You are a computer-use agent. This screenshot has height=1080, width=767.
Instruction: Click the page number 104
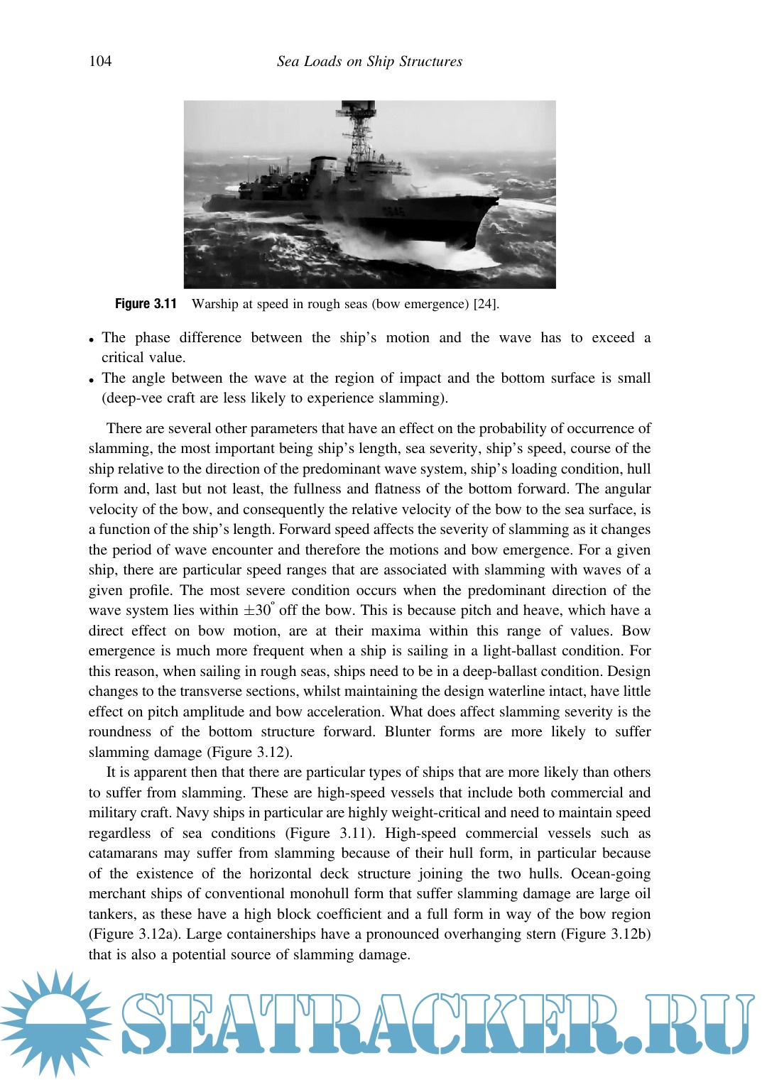click(100, 61)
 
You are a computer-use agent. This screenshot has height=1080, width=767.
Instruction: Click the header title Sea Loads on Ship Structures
click(369, 61)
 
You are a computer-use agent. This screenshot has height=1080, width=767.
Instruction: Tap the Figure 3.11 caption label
click(146, 304)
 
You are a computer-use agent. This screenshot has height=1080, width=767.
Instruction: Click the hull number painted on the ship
click(393, 211)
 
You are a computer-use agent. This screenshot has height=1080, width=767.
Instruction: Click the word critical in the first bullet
click(122, 358)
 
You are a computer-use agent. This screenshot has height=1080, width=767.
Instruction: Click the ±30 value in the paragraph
click(259, 611)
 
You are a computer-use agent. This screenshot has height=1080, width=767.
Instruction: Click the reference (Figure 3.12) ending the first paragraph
click(249, 753)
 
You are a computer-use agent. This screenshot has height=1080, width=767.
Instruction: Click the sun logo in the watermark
click(55, 1023)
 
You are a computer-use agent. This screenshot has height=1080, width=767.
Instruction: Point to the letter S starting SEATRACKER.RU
click(145, 1023)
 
